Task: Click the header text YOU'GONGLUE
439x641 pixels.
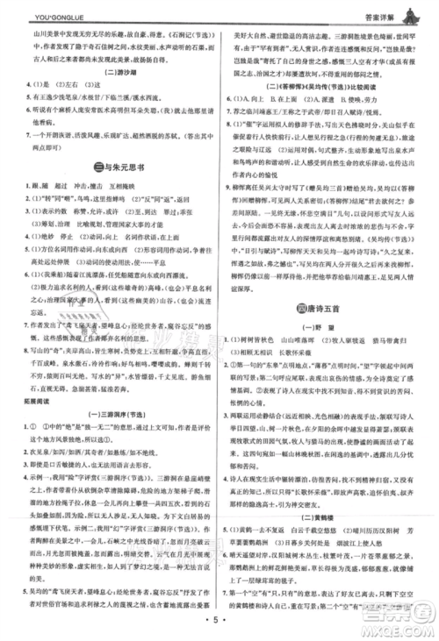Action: point(39,12)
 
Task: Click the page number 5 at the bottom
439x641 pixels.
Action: point(219,626)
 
